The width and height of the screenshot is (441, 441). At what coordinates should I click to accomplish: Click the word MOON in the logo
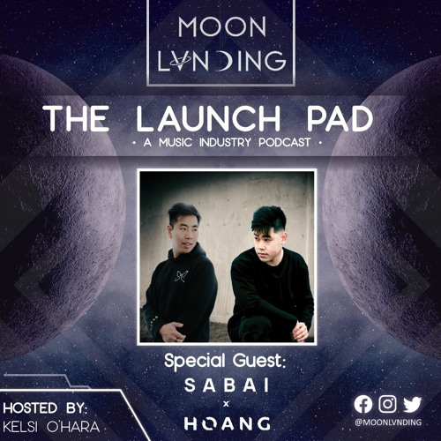pyautogui.click(x=220, y=28)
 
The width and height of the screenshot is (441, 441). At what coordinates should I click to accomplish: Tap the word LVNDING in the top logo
pyautogui.click(x=220, y=62)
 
